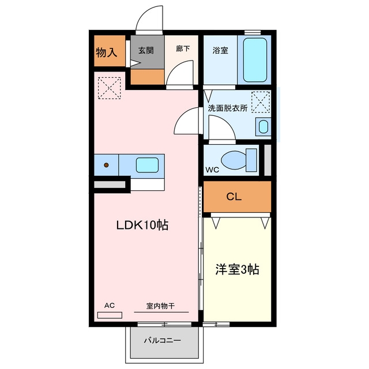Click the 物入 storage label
(x=106, y=52)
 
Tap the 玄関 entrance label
(x=146, y=50)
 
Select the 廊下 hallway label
(x=183, y=48)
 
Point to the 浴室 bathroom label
(x=220, y=50)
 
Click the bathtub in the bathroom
(x=255, y=60)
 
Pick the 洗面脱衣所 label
(x=228, y=108)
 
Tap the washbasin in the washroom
(x=263, y=127)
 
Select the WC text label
(x=212, y=170)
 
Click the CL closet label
(x=234, y=197)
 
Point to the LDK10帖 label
(x=142, y=225)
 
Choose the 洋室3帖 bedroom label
(x=237, y=270)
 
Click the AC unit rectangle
(x=110, y=315)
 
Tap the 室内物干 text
(x=160, y=306)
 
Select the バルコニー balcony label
(x=163, y=340)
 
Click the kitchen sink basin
(x=147, y=165)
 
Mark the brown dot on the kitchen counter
(x=106, y=165)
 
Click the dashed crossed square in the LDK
(x=110, y=88)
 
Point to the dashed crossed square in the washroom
(x=261, y=102)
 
